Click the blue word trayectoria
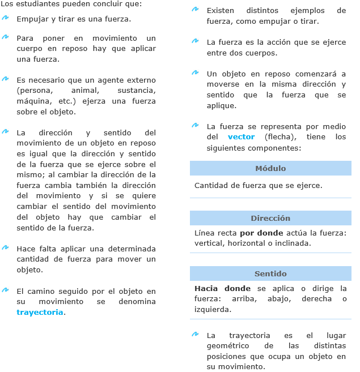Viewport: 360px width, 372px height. (x=40, y=312)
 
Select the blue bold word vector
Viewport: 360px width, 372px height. (x=241, y=137)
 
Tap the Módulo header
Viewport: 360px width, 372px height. (x=270, y=168)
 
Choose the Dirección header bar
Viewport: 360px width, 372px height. (x=270, y=218)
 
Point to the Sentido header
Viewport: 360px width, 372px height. (x=270, y=273)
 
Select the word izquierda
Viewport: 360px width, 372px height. (x=213, y=310)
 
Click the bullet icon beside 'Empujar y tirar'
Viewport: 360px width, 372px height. (x=5, y=18)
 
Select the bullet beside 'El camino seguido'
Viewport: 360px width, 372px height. (x=5, y=290)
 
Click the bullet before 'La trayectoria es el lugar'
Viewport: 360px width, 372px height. (x=195, y=334)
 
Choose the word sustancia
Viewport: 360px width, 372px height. (x=136, y=90)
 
